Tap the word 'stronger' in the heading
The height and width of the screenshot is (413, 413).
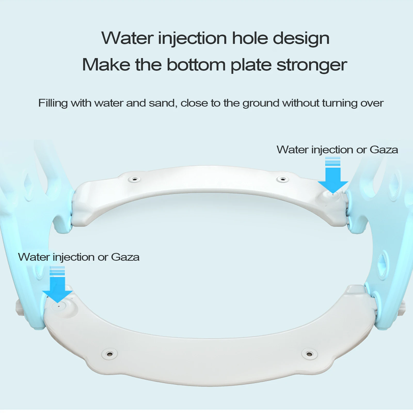click(312, 65)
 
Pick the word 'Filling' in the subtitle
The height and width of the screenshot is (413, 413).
click(53, 103)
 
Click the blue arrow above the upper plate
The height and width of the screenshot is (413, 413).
click(333, 178)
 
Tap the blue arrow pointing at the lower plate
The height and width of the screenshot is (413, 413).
click(57, 287)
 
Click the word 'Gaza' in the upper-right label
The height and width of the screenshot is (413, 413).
click(384, 150)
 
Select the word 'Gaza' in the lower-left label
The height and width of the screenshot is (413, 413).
click(125, 257)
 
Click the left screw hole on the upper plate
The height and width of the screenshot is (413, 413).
click(135, 179)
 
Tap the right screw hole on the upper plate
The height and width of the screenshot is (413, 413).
click(283, 179)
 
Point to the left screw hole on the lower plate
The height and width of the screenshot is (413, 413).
click(110, 353)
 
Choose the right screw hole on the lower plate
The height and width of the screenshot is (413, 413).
click(309, 353)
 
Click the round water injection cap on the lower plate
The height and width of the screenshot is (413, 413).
click(59, 306)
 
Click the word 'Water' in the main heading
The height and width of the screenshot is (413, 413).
click(128, 38)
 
